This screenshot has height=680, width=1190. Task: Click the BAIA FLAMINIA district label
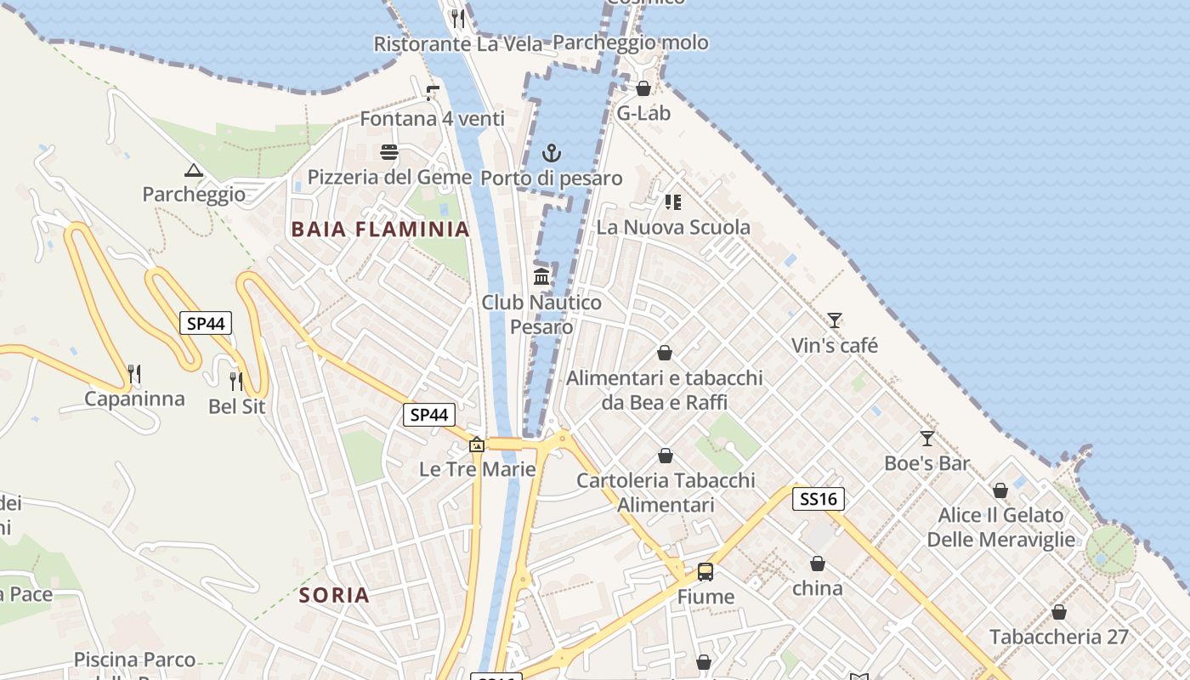point(380,229)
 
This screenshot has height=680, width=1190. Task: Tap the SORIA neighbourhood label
point(334,595)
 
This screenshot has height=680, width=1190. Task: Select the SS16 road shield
point(819,499)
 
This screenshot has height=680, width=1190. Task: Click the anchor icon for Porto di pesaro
point(552,153)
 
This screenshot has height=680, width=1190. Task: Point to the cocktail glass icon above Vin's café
point(835,320)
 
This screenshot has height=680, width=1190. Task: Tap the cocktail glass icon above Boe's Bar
point(926,439)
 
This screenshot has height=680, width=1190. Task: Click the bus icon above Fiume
point(705,571)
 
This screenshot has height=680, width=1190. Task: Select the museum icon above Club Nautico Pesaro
point(541,276)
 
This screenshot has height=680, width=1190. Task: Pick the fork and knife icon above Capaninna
point(133,373)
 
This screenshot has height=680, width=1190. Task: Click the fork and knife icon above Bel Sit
point(236,381)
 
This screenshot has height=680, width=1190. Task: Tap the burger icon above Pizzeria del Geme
point(389,152)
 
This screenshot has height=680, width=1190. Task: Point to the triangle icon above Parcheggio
point(194,170)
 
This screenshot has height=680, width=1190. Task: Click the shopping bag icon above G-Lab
point(643,88)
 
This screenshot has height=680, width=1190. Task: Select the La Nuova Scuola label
point(673,227)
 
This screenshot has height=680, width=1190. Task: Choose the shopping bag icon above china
point(817,564)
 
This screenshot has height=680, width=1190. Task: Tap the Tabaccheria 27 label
point(1058,637)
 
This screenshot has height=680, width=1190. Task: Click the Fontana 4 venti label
point(433,119)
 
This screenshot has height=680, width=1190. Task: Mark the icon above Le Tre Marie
point(477,445)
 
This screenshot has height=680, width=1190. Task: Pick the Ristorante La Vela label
point(458,43)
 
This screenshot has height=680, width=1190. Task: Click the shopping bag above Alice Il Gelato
point(1000,490)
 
